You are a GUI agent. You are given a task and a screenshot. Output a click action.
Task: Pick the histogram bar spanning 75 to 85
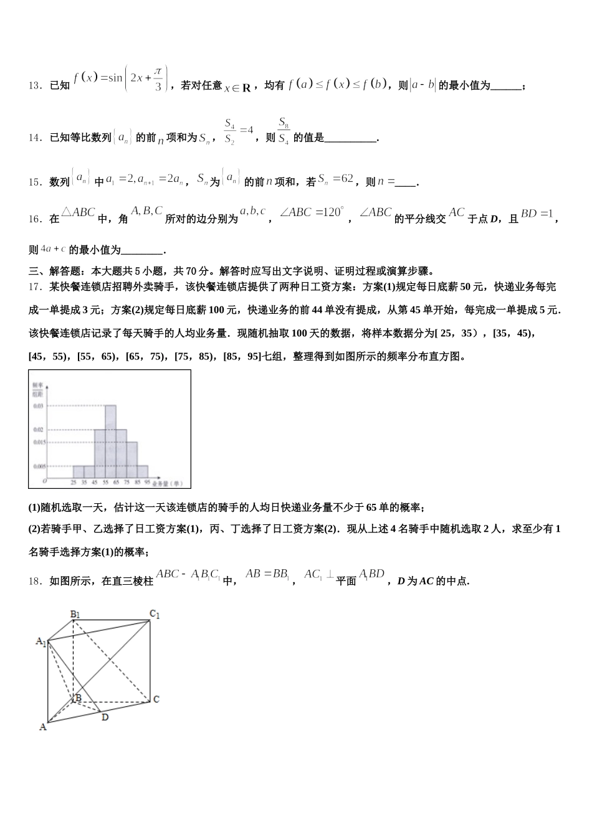(x=131, y=460)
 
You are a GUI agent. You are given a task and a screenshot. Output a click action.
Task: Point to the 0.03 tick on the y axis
(x=38, y=406)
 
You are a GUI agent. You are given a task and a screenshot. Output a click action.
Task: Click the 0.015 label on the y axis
(x=39, y=442)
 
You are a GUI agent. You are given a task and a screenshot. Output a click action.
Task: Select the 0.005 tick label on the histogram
(x=39, y=466)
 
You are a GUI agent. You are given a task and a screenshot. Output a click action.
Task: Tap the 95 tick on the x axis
(x=147, y=483)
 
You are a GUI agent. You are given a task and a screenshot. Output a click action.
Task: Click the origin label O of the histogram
(x=44, y=481)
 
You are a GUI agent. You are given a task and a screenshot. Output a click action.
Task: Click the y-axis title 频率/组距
(x=37, y=390)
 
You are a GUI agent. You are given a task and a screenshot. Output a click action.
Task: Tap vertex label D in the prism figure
(x=105, y=717)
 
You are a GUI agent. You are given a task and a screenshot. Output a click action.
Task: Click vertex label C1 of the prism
(x=155, y=615)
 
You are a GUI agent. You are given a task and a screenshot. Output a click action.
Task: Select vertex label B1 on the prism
(x=75, y=615)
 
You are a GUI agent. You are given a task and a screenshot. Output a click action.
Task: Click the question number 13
(x=35, y=86)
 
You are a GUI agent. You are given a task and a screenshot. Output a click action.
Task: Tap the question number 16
(x=35, y=219)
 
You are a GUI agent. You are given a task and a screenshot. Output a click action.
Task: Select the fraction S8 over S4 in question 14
(x=283, y=131)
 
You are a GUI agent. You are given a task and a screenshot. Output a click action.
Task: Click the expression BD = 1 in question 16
(x=537, y=214)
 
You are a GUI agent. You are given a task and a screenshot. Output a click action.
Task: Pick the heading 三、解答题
(x=57, y=271)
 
